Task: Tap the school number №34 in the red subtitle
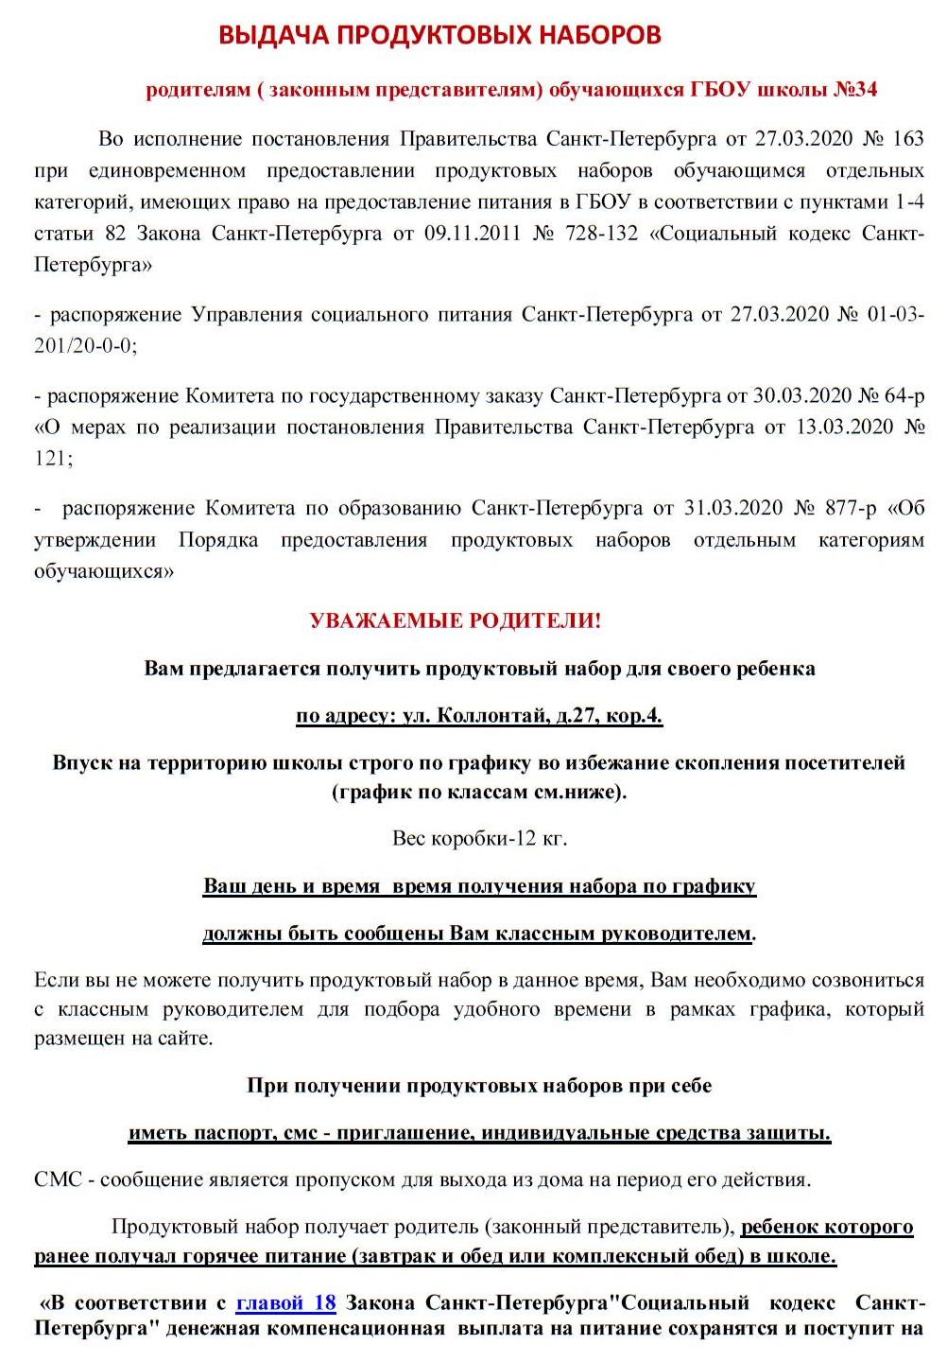pyautogui.click(x=855, y=90)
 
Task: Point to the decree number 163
pyautogui.click(x=907, y=139)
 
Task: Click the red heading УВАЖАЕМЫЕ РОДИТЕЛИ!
pyautogui.click(x=455, y=621)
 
